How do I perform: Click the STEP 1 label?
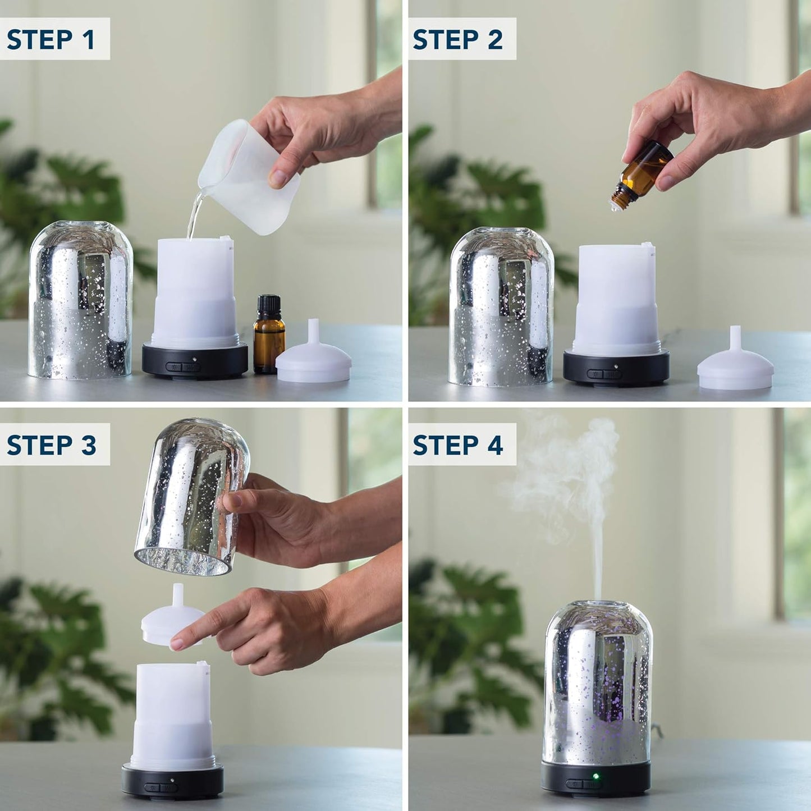[x=51, y=39]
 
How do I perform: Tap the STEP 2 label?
[x=457, y=39]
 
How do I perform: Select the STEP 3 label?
[x=51, y=445]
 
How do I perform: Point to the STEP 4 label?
[x=457, y=445]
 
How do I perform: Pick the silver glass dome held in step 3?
[x=191, y=494]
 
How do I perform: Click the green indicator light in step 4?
[x=595, y=777]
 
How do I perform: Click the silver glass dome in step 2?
[x=501, y=306]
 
